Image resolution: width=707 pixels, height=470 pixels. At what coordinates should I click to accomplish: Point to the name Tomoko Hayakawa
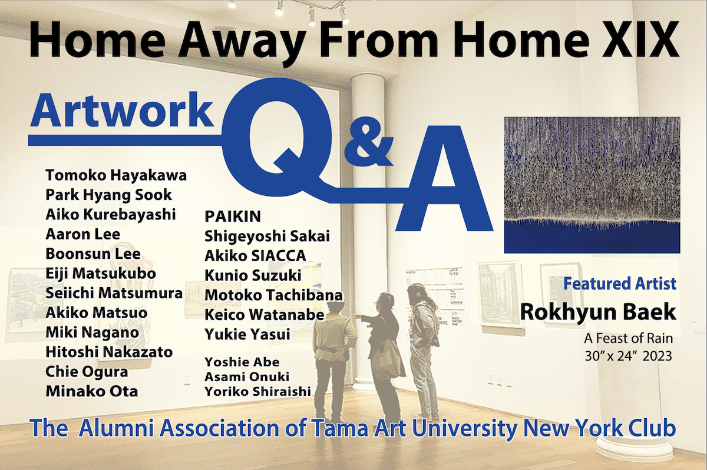[116, 175]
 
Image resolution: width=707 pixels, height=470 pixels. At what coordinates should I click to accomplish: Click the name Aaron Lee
[83, 234]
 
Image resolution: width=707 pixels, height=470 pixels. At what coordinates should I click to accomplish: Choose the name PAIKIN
[233, 216]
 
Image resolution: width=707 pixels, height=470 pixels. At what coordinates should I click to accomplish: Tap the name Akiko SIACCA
[255, 256]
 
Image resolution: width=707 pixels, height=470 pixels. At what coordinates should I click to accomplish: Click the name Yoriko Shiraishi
[258, 392]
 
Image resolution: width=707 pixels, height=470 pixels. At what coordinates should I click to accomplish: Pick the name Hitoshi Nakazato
[109, 352]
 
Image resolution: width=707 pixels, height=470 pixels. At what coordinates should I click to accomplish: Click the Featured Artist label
[620, 284]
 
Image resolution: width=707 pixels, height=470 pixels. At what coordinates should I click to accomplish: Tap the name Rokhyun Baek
[598, 312]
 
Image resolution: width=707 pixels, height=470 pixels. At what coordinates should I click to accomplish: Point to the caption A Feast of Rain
[629, 339]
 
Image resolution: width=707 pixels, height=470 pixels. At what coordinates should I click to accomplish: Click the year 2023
[657, 356]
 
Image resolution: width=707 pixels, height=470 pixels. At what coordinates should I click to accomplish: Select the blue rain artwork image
[592, 185]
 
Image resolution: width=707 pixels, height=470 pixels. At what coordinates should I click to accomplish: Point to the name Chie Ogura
[87, 372]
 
